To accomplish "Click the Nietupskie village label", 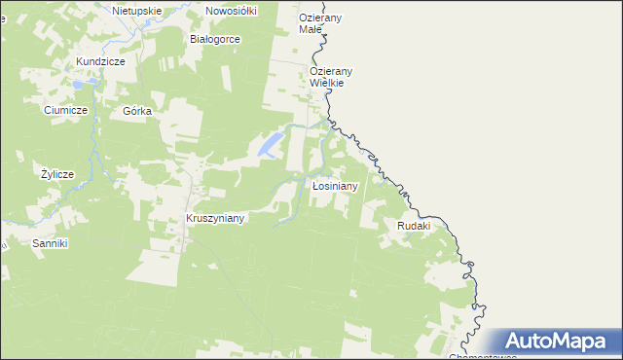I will pyautogui.click(x=136, y=11).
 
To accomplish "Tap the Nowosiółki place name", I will pyautogui.click(x=231, y=11).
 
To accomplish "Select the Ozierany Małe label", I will pyautogui.click(x=323, y=24).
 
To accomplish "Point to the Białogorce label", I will pyautogui.click(x=214, y=39).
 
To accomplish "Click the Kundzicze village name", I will pyautogui.click(x=101, y=61).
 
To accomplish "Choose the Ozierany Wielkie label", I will pyautogui.click(x=331, y=77).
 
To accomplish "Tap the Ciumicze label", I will pyautogui.click(x=66, y=111).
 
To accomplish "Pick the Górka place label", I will pyautogui.click(x=137, y=111).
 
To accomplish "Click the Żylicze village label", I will pyautogui.click(x=57, y=174).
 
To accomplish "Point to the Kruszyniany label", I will pyautogui.click(x=215, y=219).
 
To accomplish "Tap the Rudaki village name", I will pyautogui.click(x=414, y=226).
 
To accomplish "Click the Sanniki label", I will pyautogui.click(x=50, y=242).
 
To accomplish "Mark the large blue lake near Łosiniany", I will pyautogui.click(x=269, y=146).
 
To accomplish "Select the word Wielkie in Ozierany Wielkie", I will pyautogui.click(x=331, y=84).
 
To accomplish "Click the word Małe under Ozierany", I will pyautogui.click(x=310, y=30).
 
